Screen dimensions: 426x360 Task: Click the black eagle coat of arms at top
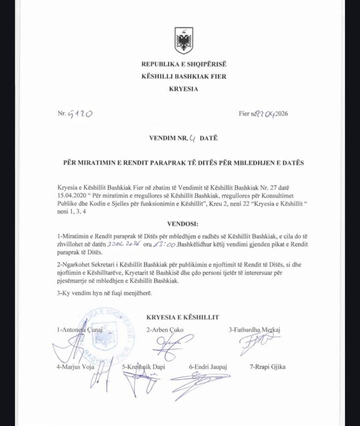(184, 40)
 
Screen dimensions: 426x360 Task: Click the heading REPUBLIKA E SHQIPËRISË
(184, 64)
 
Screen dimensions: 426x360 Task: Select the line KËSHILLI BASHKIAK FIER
(184, 77)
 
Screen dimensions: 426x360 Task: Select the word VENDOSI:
(183, 223)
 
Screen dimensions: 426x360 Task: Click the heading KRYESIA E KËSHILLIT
(184, 317)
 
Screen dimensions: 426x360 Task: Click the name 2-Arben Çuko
(164, 330)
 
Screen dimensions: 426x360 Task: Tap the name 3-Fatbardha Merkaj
(255, 330)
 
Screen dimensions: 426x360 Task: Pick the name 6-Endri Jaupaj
(209, 367)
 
